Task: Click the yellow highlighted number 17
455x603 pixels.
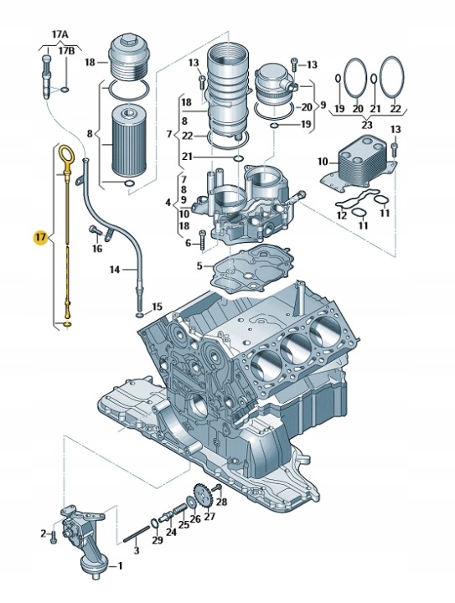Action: pyautogui.click(x=39, y=237)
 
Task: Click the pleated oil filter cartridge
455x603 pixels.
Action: pyautogui.click(x=128, y=141)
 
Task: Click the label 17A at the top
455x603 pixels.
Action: pyautogui.click(x=60, y=34)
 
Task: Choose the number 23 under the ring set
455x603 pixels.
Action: pyautogui.click(x=366, y=125)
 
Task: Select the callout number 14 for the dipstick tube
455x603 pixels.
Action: pyautogui.click(x=115, y=269)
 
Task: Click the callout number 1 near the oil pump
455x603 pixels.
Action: pyautogui.click(x=120, y=565)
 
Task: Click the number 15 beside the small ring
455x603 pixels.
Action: pyautogui.click(x=157, y=307)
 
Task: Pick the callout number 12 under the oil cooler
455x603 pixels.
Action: pyautogui.click(x=342, y=215)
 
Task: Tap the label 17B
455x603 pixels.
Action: pyautogui.click(x=66, y=51)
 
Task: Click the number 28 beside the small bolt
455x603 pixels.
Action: pyautogui.click(x=221, y=501)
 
